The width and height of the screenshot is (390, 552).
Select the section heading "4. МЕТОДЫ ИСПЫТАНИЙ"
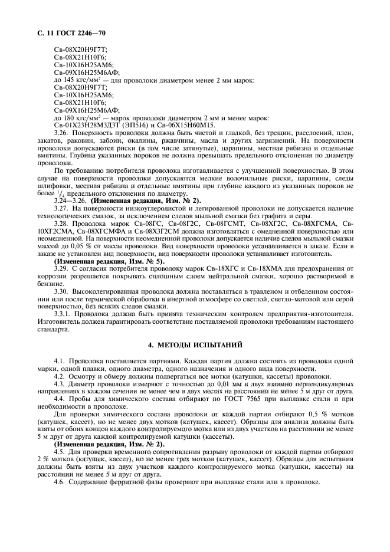(195, 344)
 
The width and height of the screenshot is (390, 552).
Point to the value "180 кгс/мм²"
(78, 118)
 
